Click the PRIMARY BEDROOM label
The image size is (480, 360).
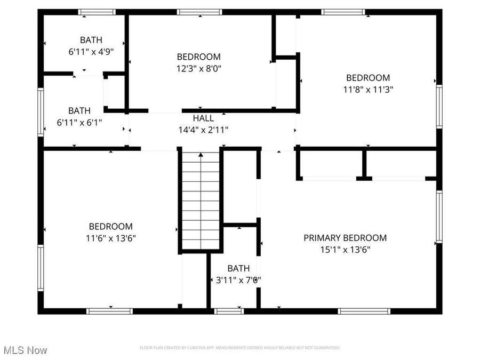(345, 238)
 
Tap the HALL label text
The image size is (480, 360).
(203, 118)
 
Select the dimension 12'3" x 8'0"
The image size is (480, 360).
(199, 68)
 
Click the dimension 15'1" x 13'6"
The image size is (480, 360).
(345, 249)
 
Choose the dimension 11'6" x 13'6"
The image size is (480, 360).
(110, 238)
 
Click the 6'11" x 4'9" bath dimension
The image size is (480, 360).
(91, 52)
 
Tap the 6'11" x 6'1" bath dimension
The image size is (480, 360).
(79, 122)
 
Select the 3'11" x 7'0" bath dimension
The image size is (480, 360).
(238, 279)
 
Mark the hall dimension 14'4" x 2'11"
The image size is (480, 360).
(203, 130)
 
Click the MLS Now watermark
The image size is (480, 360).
(25, 350)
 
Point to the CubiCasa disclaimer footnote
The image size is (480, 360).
(239, 348)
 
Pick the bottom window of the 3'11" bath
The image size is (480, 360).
(229, 311)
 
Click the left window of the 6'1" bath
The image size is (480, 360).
(40, 111)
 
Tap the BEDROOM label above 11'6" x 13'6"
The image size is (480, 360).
(110, 227)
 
